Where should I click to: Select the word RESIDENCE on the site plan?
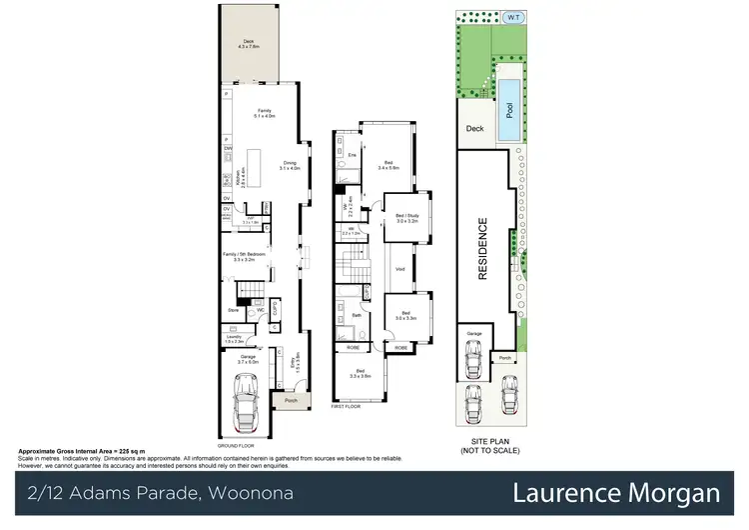pos(482,249)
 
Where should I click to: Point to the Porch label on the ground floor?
pos(291,401)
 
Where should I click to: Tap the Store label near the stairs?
pos(234,310)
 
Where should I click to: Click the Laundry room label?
pos(233,339)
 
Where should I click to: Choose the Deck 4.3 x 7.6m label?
pos(249,44)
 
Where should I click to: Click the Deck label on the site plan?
pos(474,129)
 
